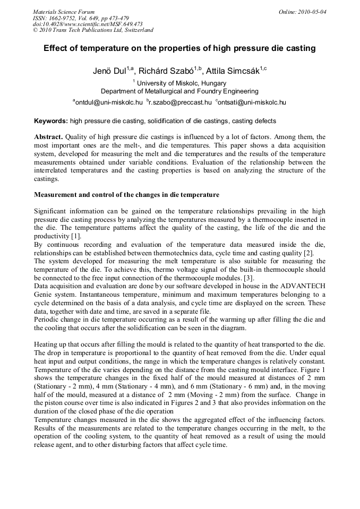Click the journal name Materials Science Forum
64,12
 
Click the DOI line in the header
88,24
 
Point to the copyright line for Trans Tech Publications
93,30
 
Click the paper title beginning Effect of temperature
179,48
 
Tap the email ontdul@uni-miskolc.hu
108,102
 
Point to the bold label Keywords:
51,121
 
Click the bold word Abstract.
50,137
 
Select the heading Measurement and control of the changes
126,195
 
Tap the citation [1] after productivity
75,236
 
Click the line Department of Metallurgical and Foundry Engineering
179,91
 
